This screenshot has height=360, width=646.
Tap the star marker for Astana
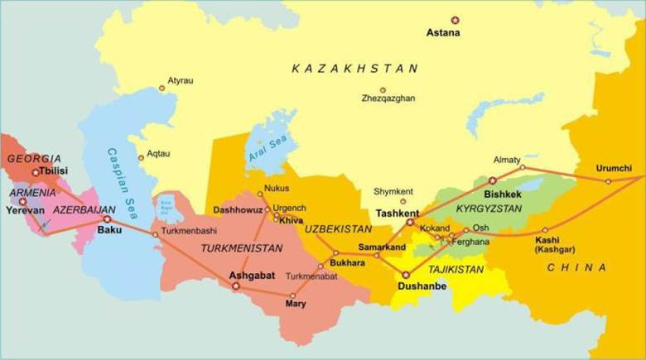pyautogui.click(x=454, y=19)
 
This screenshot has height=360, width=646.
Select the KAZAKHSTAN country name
pyautogui.click(x=355, y=69)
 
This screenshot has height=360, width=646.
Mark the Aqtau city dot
pyautogui.click(x=142, y=156)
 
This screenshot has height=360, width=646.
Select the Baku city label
pyautogui.click(x=110, y=230)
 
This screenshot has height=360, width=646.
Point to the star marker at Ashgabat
pyautogui.click(x=235, y=286)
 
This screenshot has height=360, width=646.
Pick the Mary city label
pyautogui.click(x=295, y=304)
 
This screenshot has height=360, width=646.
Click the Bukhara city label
pyautogui.click(x=346, y=262)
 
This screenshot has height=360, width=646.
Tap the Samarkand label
pyautogui.click(x=382, y=247)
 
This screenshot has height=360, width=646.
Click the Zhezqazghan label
pyautogui.click(x=388, y=98)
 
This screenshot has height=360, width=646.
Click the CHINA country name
pyautogui.click(x=576, y=267)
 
